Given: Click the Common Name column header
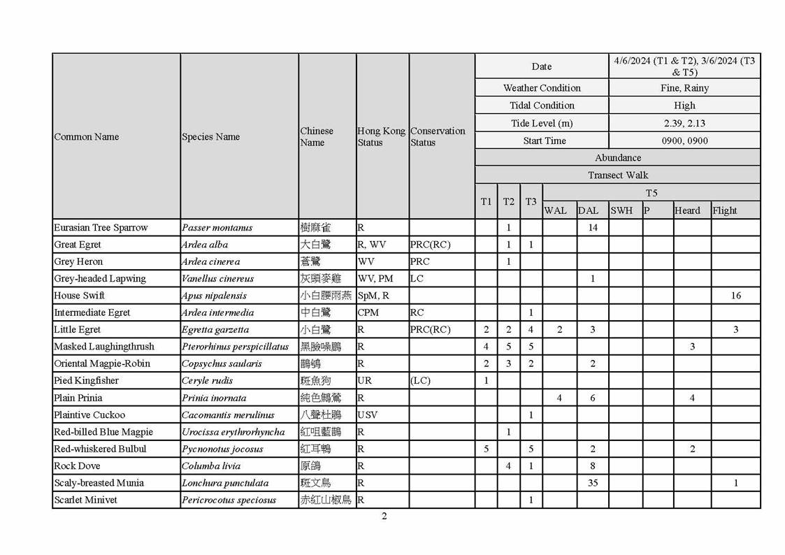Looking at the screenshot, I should tap(87, 137).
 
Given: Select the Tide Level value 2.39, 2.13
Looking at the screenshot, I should tap(684, 123).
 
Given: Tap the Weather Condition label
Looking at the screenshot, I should tap(542, 88).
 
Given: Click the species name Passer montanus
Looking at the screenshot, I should tap(217, 228).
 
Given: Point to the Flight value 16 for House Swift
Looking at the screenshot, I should tap(735, 296).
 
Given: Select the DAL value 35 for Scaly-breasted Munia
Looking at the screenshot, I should tap(593, 483).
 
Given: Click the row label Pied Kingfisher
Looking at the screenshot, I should tap(87, 381).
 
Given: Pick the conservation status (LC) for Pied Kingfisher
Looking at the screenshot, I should tap(421, 381).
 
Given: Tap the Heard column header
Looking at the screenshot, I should tap(687, 210).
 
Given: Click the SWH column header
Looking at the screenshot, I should tap(621, 210).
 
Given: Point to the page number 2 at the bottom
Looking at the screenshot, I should tap(384, 517).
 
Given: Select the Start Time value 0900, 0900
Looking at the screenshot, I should tap(684, 140).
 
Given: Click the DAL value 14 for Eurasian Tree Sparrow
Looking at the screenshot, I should tap(593, 228).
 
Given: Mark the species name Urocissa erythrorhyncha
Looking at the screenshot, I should tap(234, 432).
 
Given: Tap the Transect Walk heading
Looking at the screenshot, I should tap(617, 175).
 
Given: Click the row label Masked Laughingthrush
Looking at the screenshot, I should tap(104, 347).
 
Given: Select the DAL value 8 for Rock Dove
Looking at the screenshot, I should tap(593, 466).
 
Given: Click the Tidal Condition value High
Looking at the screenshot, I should tap(684, 106).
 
